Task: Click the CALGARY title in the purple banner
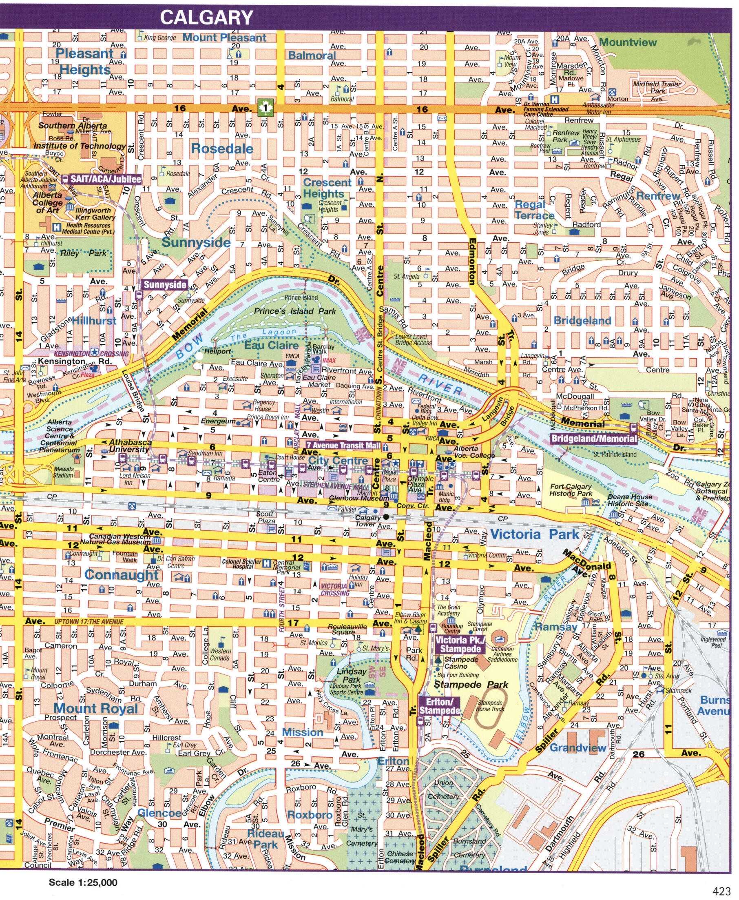pyautogui.click(x=206, y=18)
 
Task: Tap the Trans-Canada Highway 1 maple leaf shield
pyautogui.click(x=266, y=108)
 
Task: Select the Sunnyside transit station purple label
pyautogui.click(x=165, y=285)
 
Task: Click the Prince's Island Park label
pyautogui.click(x=294, y=311)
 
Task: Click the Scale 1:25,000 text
pyautogui.click(x=83, y=882)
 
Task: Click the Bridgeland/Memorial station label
pyautogui.click(x=594, y=439)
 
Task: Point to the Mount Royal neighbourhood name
pyautogui.click(x=96, y=708)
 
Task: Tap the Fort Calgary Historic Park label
pyautogui.click(x=571, y=490)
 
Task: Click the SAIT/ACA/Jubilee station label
pyautogui.click(x=106, y=179)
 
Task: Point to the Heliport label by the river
pyautogui.click(x=217, y=351)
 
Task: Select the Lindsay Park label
pyautogui.click(x=352, y=675)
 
